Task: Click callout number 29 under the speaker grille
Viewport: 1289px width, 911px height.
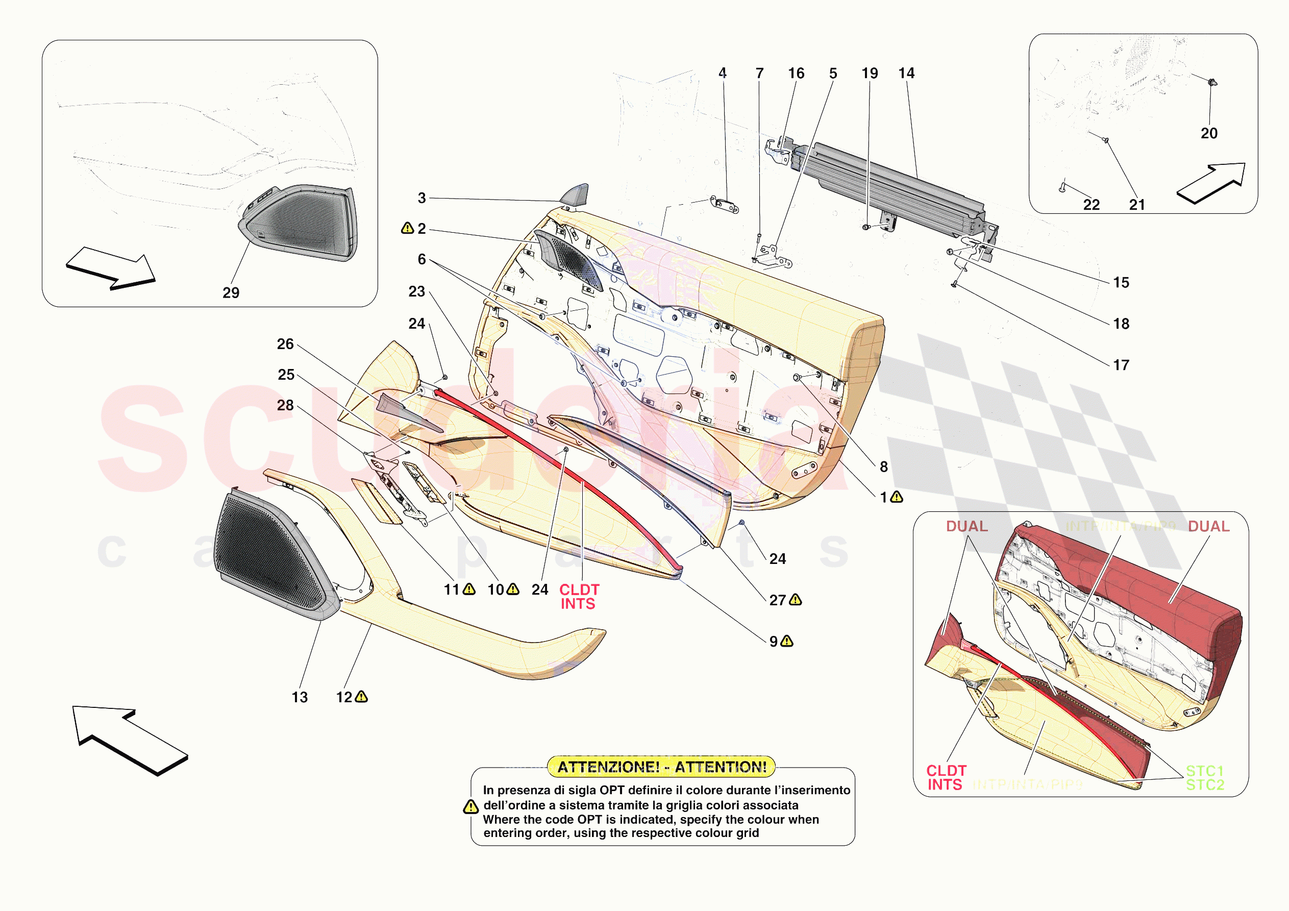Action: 231,292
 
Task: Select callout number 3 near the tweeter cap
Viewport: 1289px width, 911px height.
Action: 422,198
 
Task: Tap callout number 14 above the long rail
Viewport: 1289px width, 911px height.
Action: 906,73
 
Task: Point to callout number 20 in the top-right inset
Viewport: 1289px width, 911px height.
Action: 1209,133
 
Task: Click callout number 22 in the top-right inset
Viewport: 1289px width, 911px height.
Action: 1091,205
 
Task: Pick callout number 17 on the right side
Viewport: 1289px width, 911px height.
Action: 1121,365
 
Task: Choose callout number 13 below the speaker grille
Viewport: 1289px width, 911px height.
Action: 299,697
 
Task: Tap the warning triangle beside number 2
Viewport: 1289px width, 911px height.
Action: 407,228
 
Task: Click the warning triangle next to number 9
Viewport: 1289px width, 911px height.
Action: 787,641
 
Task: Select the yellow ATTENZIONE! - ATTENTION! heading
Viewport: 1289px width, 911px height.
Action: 661,767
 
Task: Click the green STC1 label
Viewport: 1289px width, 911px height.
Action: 1204,771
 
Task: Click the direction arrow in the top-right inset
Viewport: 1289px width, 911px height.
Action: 1212,183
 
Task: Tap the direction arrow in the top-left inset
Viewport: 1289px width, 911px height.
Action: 111,268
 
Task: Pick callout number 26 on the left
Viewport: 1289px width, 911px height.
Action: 285,344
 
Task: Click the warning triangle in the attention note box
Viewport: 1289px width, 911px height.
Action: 470,806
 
